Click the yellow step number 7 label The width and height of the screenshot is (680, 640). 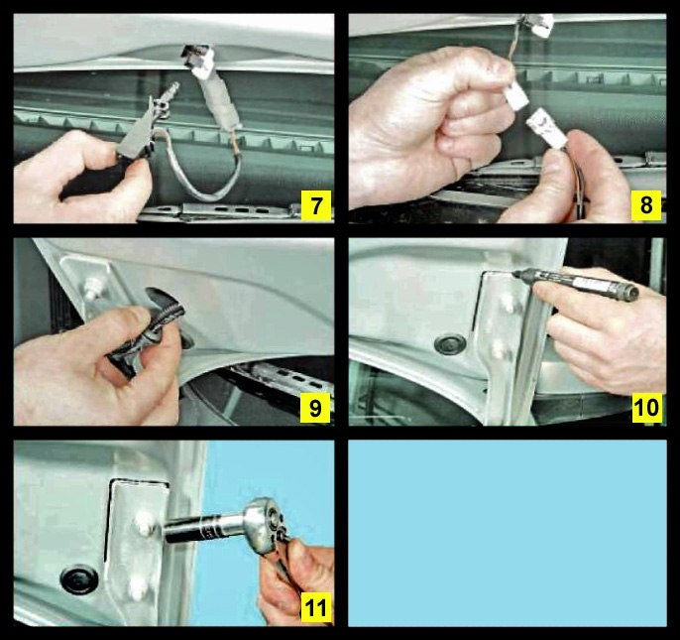315,205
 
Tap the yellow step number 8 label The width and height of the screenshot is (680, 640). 646,205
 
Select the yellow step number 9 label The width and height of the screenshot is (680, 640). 315,408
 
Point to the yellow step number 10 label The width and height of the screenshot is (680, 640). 646,408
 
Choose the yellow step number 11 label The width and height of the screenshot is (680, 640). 316,608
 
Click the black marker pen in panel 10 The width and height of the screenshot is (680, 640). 576,283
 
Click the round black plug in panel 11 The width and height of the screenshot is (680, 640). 79,579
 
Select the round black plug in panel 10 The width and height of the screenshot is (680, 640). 450,344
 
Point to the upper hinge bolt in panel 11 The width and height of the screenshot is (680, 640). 145,523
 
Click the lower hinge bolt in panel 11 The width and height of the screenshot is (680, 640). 139,587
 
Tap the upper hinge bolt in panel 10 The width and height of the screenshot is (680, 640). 507,303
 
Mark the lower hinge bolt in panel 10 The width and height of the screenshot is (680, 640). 499,348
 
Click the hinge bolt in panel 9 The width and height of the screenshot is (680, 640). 91,288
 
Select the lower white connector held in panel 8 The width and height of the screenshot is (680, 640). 547,129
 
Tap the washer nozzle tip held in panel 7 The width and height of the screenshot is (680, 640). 172,90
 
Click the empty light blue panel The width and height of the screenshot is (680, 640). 508,533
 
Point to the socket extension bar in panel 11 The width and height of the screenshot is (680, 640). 204,528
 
